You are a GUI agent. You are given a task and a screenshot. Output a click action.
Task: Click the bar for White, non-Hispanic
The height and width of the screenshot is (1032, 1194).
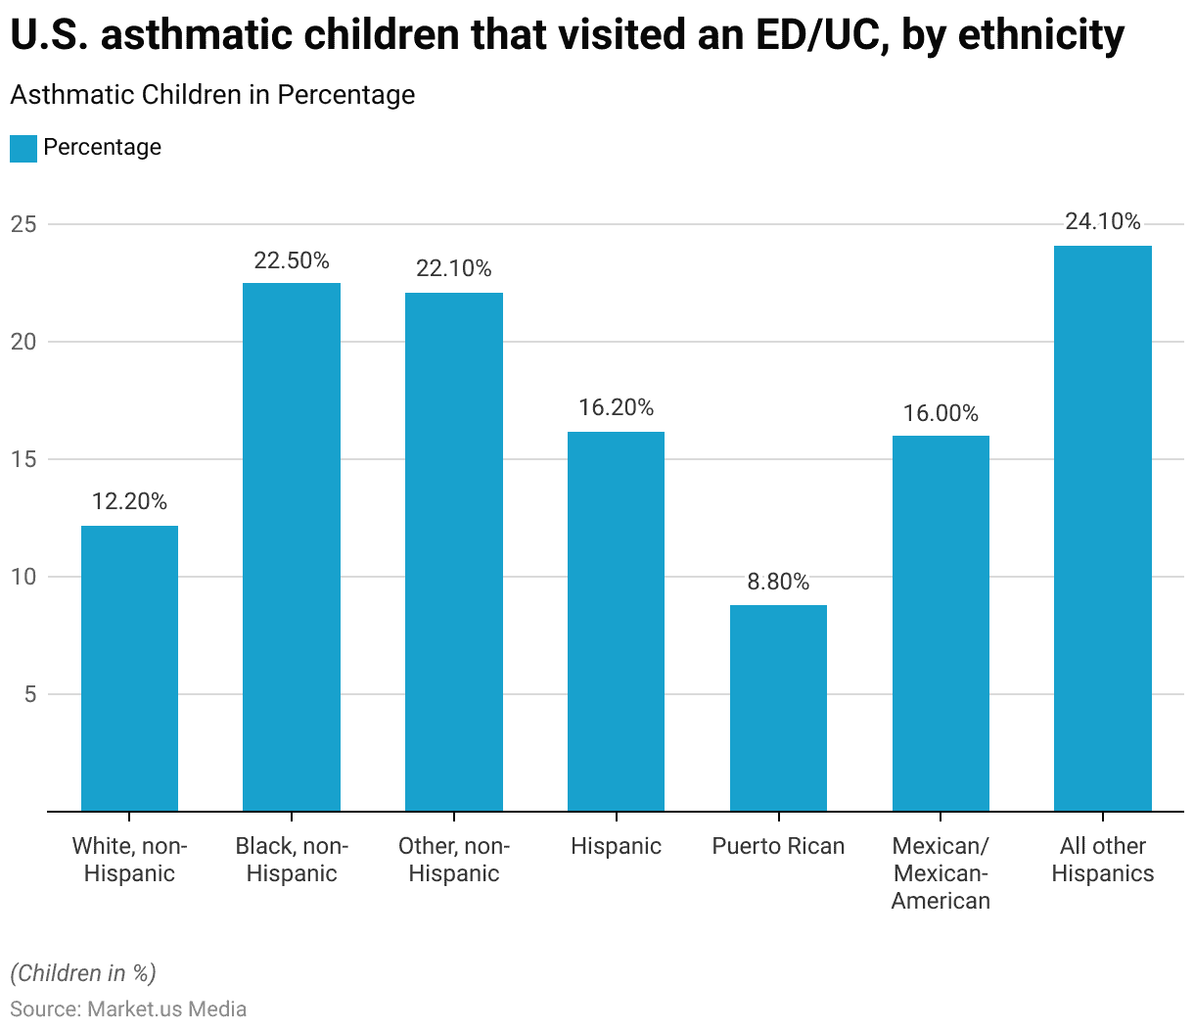coord(129,668)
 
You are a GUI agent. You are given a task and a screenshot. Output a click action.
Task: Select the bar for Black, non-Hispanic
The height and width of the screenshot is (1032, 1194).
coord(292,546)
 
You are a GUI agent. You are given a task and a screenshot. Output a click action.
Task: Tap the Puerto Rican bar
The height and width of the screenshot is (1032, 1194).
coord(778,708)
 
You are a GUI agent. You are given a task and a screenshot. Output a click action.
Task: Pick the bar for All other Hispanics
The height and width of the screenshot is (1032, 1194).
coord(1103,528)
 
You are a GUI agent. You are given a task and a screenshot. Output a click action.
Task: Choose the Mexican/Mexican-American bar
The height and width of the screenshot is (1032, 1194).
coord(941,623)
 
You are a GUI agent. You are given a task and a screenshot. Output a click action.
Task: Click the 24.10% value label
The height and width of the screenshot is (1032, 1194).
coord(1103,222)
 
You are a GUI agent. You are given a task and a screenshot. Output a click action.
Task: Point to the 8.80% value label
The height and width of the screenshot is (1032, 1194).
coord(778,582)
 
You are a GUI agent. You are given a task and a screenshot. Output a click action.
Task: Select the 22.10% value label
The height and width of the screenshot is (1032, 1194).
coord(454,268)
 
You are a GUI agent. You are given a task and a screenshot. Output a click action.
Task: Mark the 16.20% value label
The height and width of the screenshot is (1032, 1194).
coord(616,407)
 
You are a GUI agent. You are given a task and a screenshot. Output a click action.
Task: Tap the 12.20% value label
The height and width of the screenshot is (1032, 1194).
coord(129,501)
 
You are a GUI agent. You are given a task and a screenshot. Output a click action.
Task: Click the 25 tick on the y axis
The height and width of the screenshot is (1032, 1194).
coord(23,224)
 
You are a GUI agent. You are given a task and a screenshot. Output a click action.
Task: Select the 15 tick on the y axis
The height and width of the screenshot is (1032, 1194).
coord(23,459)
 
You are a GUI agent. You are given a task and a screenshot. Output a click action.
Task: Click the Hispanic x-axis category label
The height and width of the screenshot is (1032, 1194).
coord(616,846)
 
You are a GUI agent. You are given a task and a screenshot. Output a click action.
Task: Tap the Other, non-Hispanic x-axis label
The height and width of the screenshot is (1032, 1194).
coord(454,860)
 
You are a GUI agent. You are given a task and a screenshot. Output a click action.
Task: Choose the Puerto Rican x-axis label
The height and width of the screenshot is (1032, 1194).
coord(778,846)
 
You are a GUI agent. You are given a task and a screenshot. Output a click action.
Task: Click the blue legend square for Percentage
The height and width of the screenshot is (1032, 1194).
coord(23,148)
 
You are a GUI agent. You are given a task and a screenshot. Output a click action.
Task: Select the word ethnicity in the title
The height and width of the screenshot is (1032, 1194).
coord(1041,35)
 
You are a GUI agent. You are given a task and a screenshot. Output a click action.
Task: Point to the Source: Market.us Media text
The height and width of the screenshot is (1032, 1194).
coord(128,1009)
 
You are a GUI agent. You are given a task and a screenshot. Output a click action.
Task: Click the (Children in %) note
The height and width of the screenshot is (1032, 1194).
coord(83,973)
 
